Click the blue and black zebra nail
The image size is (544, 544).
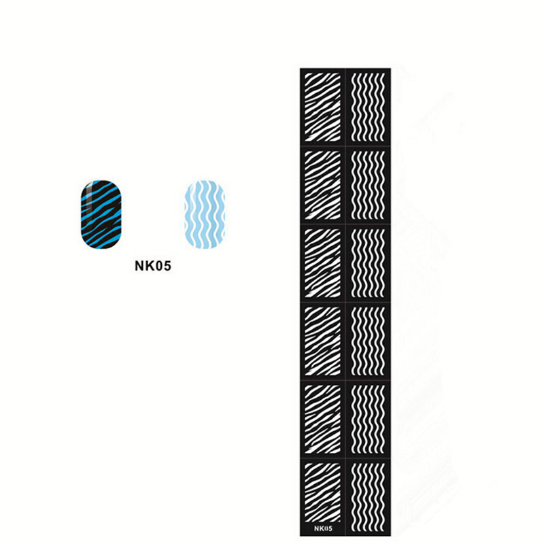[x=101, y=214]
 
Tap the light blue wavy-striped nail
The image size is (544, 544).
[x=205, y=214]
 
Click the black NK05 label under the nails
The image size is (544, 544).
[x=153, y=266]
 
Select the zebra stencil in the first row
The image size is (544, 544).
[x=322, y=107]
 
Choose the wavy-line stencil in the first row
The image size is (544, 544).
[x=368, y=107]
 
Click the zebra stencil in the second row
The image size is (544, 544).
[x=322, y=185]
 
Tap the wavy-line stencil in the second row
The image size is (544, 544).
[x=368, y=185]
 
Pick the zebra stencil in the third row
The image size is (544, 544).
[x=322, y=263]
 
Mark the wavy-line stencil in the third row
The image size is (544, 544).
[x=368, y=263]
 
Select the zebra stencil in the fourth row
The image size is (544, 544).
[x=322, y=341]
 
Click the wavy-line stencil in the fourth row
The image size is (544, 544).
[x=368, y=341]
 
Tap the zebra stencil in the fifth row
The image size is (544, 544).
[x=322, y=419]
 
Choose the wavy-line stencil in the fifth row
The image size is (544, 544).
[x=368, y=419]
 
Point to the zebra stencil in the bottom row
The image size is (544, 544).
[x=322, y=492]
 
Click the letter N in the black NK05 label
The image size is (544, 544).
[x=139, y=266]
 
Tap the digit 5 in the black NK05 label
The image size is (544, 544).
[x=167, y=266]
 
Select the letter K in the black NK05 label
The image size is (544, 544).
[x=149, y=266]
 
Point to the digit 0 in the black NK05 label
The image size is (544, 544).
[x=158, y=266]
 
